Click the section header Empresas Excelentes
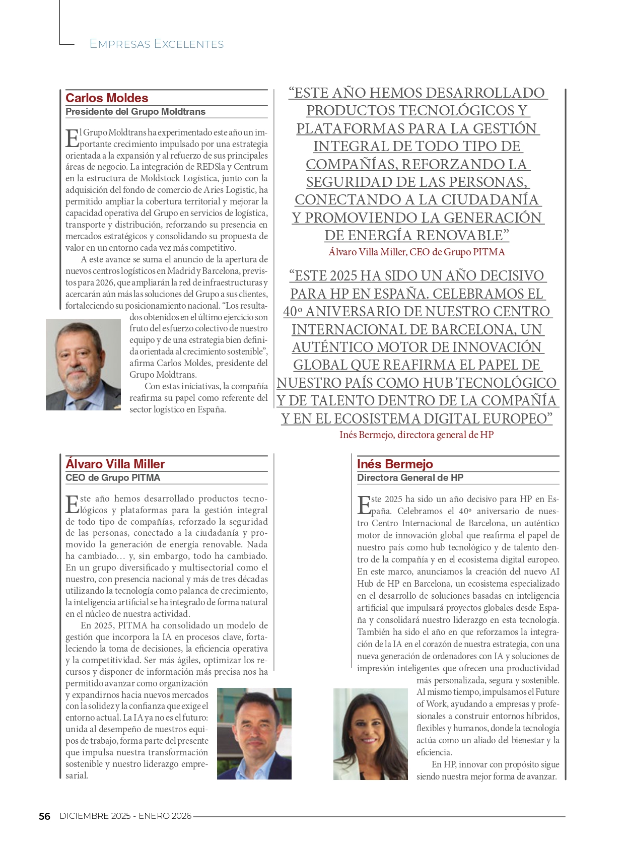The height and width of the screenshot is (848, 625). (x=157, y=44)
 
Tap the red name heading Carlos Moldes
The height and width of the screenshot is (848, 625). (x=107, y=98)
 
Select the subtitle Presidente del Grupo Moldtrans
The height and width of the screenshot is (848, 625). (x=135, y=112)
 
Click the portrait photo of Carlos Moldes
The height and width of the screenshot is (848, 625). (x=83, y=364)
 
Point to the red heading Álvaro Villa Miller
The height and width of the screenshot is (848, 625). (x=115, y=464)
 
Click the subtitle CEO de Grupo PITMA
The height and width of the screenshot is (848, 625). (x=113, y=477)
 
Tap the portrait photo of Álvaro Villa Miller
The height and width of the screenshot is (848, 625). (x=254, y=733)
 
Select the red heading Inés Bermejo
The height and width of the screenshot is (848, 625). (x=395, y=464)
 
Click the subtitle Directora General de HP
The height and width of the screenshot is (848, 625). (x=410, y=477)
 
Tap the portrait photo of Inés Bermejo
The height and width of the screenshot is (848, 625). (x=370, y=734)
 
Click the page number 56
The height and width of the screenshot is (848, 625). (x=44, y=816)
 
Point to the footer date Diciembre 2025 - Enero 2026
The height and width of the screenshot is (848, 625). (x=125, y=816)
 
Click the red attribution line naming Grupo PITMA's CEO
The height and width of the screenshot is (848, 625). (x=416, y=252)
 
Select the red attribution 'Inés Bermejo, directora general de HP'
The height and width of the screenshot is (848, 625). (x=416, y=435)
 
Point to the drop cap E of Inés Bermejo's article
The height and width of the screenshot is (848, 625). (x=363, y=504)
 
